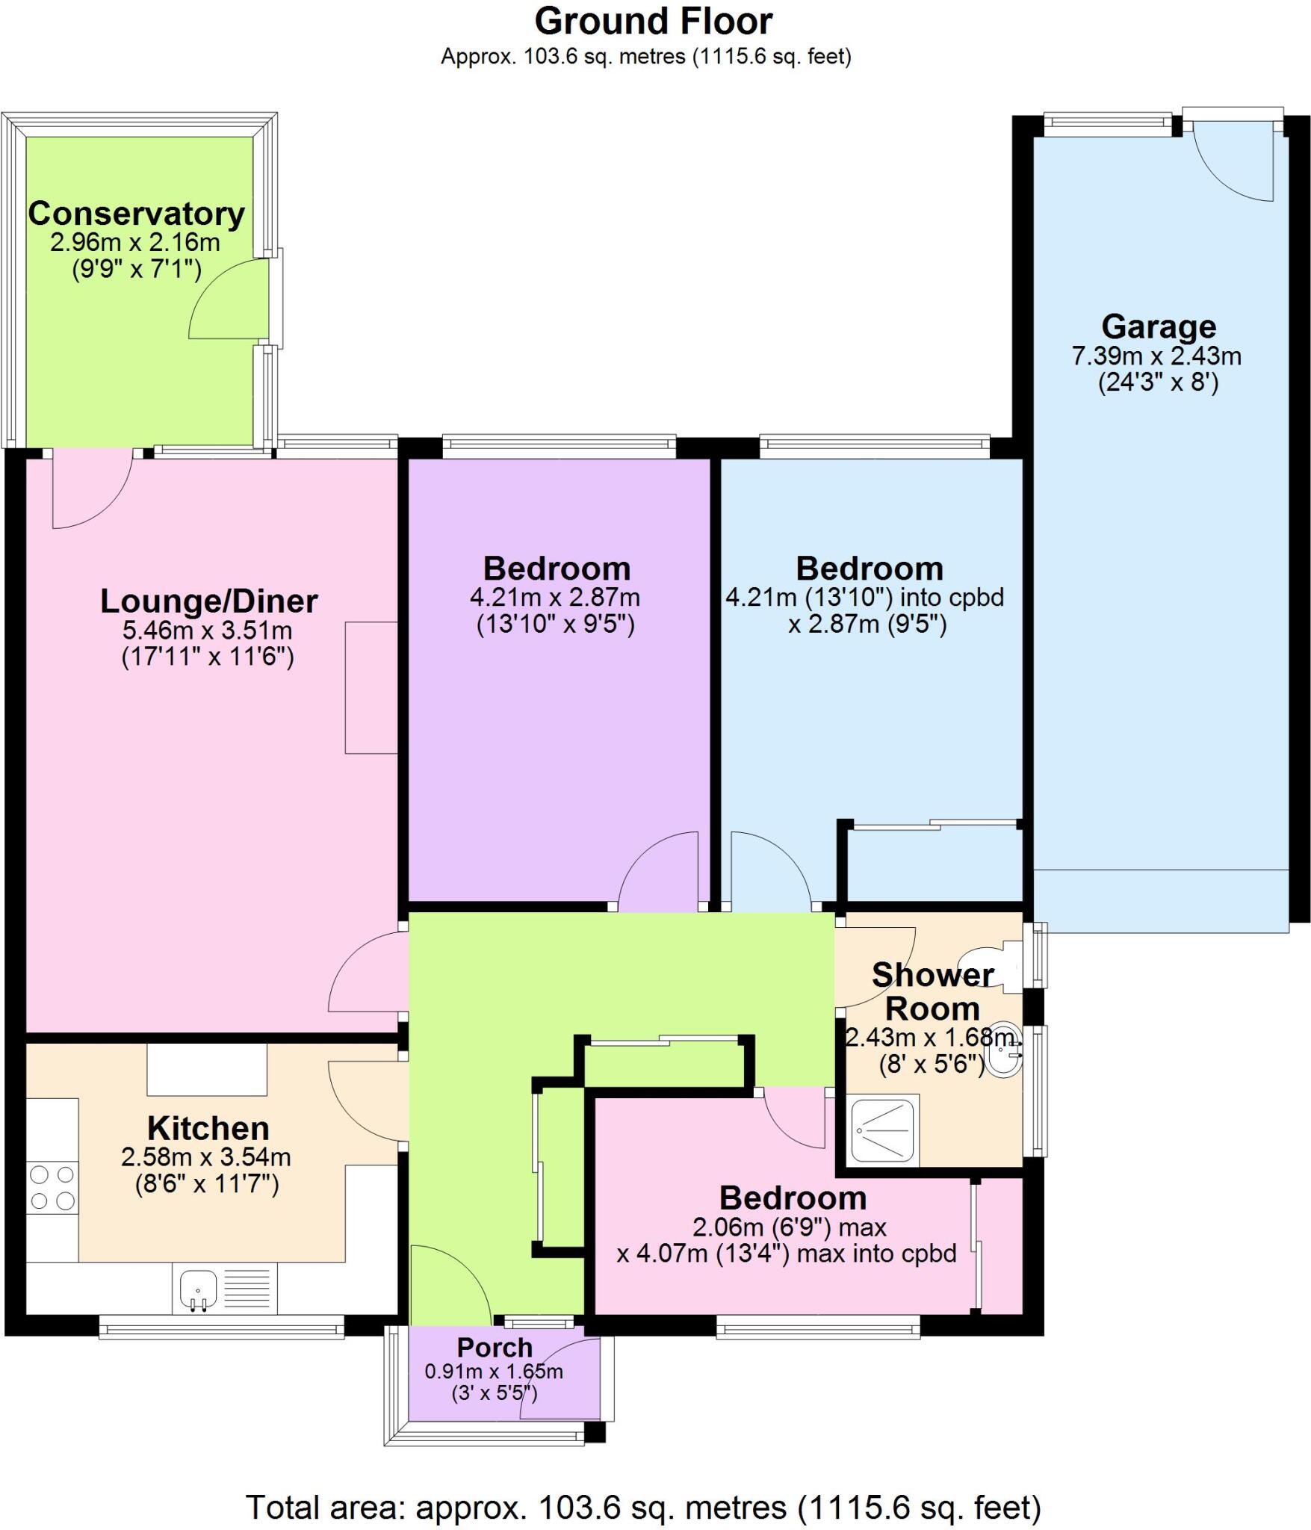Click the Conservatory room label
tap(136, 214)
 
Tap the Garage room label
tap(1158, 326)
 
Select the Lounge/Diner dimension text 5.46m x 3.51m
tap(207, 630)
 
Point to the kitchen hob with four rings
tap(52, 1187)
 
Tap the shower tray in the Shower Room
tap(884, 1130)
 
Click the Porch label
tap(495, 1347)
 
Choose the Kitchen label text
tap(208, 1127)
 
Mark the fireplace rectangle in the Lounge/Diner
tap(371, 687)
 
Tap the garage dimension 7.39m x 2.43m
tap(1156, 356)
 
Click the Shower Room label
tap(932, 991)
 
